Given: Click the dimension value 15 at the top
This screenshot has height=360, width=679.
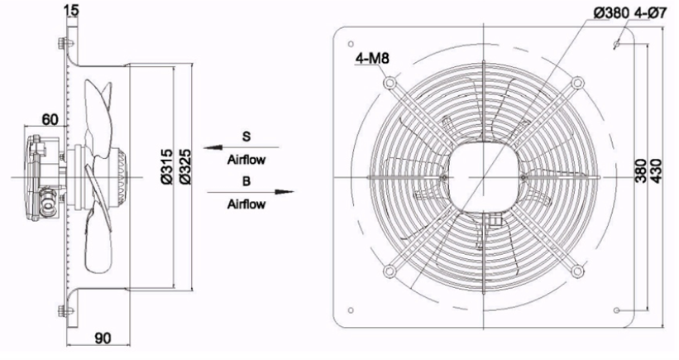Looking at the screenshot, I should pos(72,9).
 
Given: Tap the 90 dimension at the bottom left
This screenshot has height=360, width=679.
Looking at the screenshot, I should pos(103,339).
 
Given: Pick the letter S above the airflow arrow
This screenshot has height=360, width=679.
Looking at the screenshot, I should pos(246,135).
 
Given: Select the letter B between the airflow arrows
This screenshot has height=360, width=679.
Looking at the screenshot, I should pos(246,180).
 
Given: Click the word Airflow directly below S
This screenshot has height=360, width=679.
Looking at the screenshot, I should pos(246,159).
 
